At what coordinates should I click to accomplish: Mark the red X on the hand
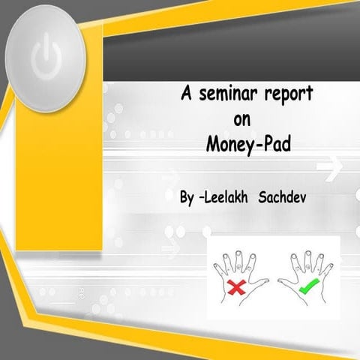tap(238, 285)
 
